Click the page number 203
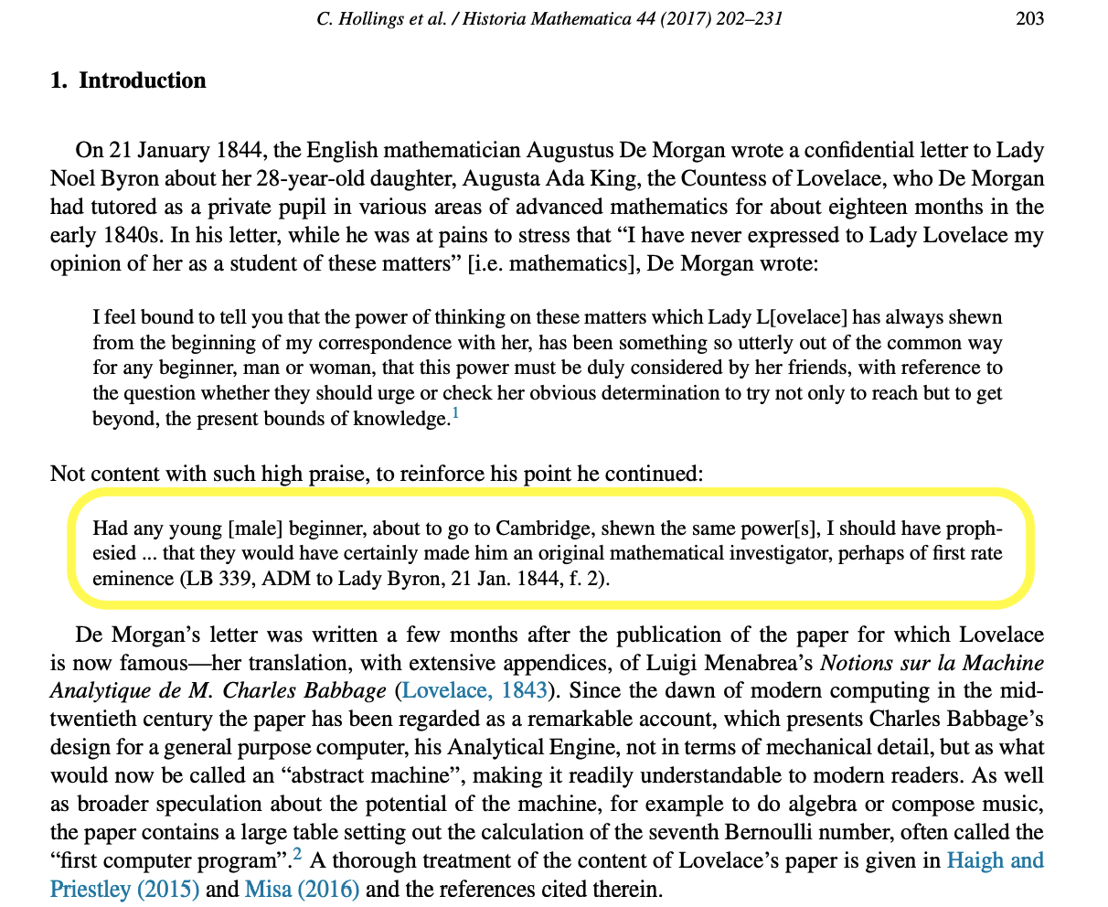(x=1029, y=17)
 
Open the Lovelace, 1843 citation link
(x=475, y=689)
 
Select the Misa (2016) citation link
(x=302, y=889)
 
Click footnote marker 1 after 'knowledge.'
(x=455, y=414)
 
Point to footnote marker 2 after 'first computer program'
(x=297, y=856)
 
